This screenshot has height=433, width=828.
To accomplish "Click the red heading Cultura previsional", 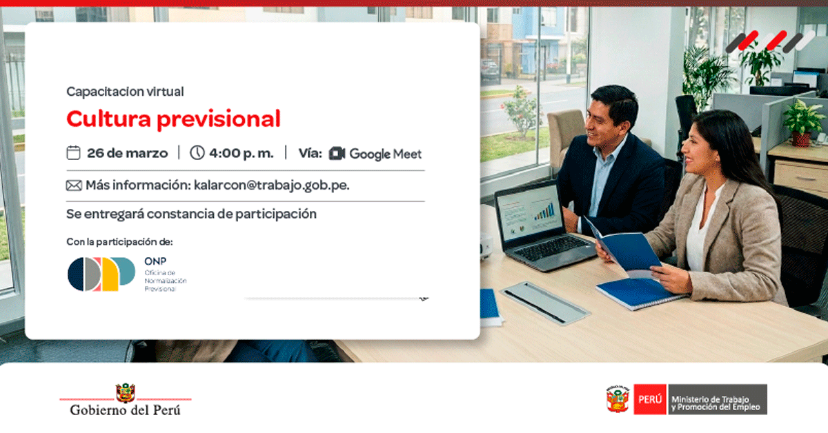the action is point(173,119).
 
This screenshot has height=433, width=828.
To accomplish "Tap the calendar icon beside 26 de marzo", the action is point(73,152).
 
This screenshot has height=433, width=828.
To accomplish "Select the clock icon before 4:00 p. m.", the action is point(197,152).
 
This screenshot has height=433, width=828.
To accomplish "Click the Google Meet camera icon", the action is point(337,153).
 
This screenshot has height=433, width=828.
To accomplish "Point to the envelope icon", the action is point(74,185).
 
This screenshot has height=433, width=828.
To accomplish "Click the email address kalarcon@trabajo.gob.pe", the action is point(272,185).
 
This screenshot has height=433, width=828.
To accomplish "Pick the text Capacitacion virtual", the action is point(125,92).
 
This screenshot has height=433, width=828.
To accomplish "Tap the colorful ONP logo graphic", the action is point(101,274).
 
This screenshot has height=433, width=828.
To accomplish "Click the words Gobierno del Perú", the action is point(126,410).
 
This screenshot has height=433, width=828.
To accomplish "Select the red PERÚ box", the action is point(650,399).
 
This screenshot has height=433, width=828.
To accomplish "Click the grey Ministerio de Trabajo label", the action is point(716,399).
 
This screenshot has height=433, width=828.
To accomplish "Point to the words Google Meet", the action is point(386,154).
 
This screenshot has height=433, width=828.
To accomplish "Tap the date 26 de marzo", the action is point(127,153).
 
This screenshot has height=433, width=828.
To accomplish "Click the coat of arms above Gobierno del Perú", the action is point(126,393).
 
